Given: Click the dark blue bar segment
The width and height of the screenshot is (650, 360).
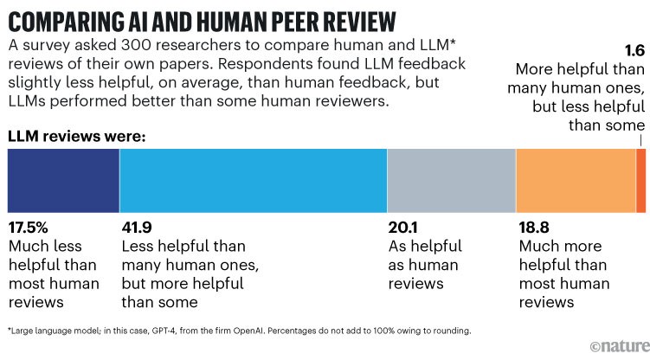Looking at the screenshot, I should point(63,180).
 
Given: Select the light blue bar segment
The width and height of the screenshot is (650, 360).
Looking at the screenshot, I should point(253,180).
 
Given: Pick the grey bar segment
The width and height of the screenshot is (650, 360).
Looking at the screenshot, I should point(451,180).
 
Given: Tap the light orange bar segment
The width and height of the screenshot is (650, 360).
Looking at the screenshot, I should point(576,180).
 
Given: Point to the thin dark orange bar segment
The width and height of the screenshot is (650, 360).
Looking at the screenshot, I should point(641,180).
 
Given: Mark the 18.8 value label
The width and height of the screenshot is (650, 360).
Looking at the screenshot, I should point(536,229).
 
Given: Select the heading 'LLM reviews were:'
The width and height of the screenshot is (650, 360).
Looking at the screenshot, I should point(76,137).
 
